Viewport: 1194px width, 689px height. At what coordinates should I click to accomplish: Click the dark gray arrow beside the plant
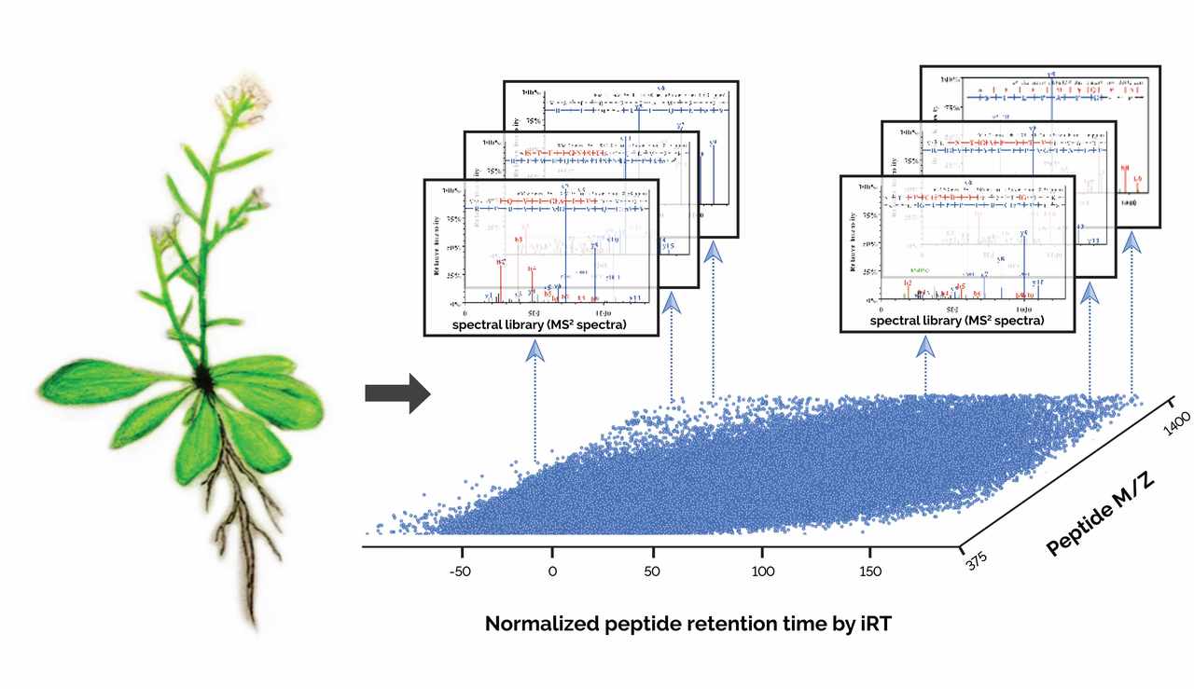pos(396,395)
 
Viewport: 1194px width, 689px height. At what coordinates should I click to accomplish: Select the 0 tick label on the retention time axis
pos(552,571)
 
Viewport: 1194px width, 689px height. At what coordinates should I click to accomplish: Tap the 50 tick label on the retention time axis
pos(657,571)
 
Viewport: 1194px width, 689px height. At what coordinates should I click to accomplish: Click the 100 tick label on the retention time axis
pos(762,571)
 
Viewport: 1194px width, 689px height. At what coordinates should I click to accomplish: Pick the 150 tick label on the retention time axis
pos(868,571)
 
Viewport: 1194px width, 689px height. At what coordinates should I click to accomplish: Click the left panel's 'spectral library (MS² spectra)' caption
pos(541,325)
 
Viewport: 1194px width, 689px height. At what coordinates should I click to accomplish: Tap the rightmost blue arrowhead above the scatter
pos(1132,246)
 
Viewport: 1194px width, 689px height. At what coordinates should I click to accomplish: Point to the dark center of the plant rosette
pos(202,379)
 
